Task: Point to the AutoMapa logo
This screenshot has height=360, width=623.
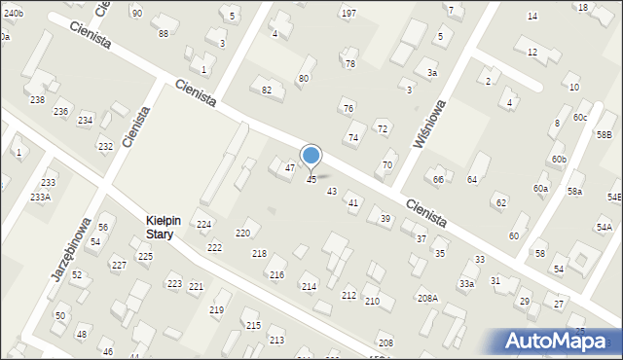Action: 556,341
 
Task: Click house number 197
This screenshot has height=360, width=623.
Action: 348,13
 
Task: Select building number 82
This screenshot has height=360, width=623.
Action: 267,90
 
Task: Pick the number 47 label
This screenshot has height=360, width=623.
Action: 289,168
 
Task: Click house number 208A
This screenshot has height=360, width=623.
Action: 427,298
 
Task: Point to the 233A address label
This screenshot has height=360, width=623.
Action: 40,197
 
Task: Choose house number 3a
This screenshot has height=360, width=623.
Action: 431,73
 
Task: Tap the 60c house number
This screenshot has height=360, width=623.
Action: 580,118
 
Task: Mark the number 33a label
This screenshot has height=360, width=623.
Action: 467,283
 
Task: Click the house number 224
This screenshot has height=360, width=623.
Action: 204,225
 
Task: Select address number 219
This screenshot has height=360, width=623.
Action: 216,309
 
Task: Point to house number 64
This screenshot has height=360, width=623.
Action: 472,180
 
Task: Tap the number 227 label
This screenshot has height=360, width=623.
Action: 119,266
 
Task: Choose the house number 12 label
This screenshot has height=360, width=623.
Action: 531,53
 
